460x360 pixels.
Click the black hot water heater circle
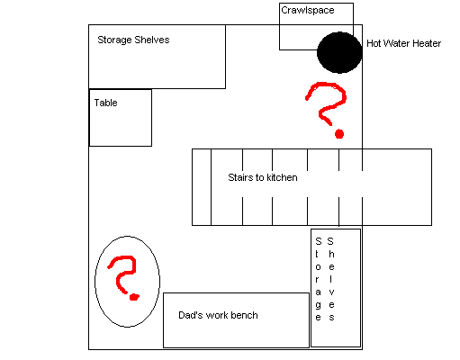339,52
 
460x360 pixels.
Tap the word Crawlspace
308,10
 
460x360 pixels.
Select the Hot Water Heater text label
403,43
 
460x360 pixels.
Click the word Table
105,103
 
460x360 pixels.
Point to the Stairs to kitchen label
263,177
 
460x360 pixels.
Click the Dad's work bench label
218,315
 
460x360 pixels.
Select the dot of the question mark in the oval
134,297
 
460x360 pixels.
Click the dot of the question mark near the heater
339,134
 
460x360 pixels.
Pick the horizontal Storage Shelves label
133,40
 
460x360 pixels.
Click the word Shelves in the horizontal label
152,40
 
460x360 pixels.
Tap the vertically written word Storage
319,279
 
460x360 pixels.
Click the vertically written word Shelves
331,279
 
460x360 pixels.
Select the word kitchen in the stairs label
282,177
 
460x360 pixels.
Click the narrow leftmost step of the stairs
202,187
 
